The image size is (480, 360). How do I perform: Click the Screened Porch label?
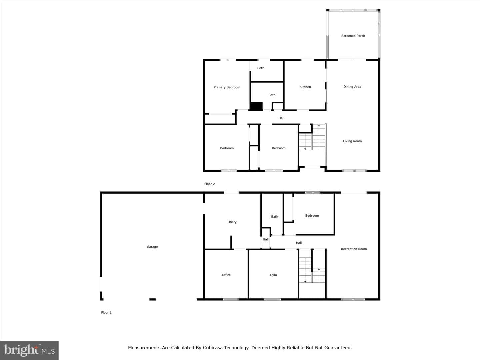click(x=353, y=36)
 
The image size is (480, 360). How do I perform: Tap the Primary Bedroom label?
click(x=227, y=87)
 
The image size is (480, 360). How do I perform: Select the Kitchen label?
click(x=305, y=87)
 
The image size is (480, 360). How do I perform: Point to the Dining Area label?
click(x=352, y=87)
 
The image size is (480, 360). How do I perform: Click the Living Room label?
click(x=352, y=141)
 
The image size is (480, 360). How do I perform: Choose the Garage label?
click(x=152, y=247)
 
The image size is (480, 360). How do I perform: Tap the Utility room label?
click(x=232, y=222)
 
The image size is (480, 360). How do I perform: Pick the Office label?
click(x=226, y=275)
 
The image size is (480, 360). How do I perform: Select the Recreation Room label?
click(x=354, y=249)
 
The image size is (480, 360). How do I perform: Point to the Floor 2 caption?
click(x=209, y=184)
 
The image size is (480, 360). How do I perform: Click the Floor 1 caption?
click(x=106, y=313)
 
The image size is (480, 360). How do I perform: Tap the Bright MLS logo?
click(x=29, y=350)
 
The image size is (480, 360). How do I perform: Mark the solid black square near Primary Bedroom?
click(x=256, y=106)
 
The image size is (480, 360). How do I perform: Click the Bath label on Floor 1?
click(x=274, y=217)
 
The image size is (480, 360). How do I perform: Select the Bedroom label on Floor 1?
click(x=312, y=216)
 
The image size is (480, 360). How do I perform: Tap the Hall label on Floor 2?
click(x=281, y=118)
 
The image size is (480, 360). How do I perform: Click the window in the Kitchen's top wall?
click(x=307, y=60)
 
